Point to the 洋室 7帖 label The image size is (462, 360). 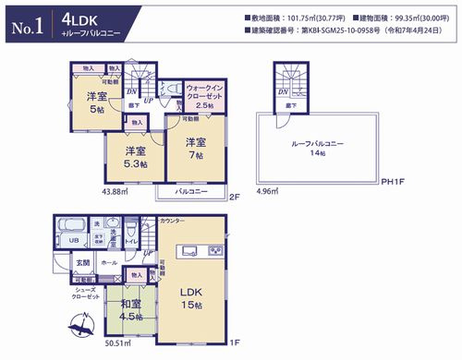pos(193,148)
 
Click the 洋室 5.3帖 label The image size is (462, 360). pos(136,157)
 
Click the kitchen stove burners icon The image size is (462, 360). pos(213,251)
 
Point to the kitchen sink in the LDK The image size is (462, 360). pos(190,251)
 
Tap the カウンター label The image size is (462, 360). pos(172,222)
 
